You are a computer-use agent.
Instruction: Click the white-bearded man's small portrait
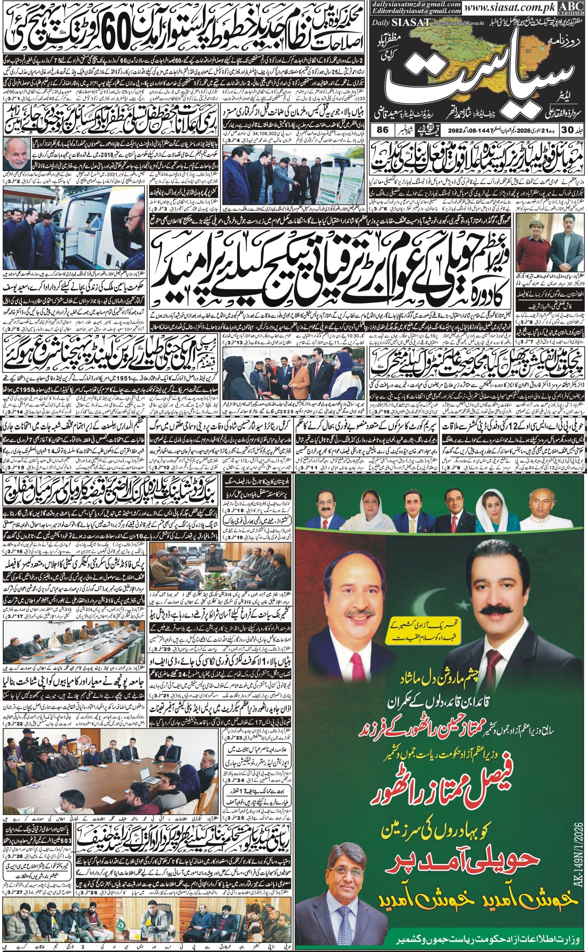[18, 153]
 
